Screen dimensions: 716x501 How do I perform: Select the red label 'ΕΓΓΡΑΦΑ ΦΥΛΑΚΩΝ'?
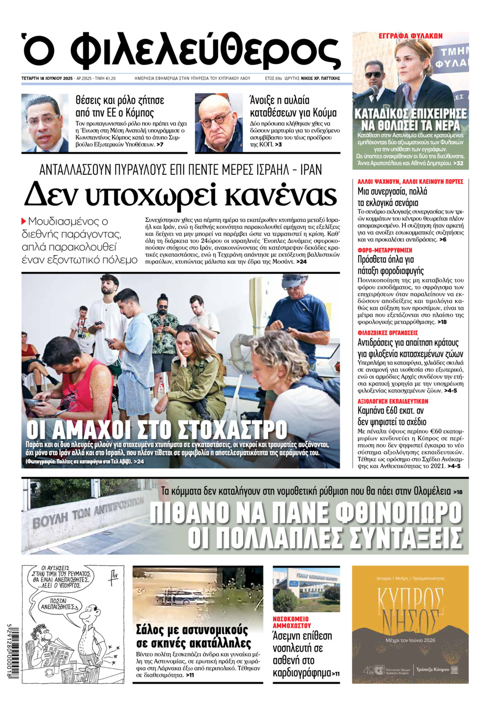click(410, 36)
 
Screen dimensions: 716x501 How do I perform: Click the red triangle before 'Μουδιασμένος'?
click(24, 221)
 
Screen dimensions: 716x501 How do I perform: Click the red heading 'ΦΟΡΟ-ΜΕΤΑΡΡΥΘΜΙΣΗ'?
click(385, 250)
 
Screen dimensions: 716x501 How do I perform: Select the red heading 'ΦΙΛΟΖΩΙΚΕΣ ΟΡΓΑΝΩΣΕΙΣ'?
click(387, 333)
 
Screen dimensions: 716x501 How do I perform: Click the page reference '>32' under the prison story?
click(458, 163)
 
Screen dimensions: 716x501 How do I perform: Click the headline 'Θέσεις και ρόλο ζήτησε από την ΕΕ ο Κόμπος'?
click(120, 106)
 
